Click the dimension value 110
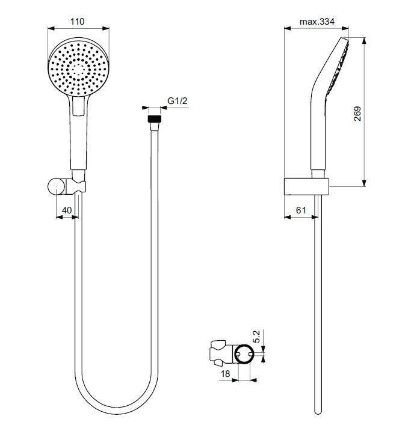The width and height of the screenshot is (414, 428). [x=78, y=22]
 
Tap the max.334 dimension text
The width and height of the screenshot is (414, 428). [x=317, y=22]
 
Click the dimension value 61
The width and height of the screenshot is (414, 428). [x=301, y=210]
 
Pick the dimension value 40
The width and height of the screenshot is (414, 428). [x=67, y=210]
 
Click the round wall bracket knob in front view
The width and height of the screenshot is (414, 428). [x=55, y=187]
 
